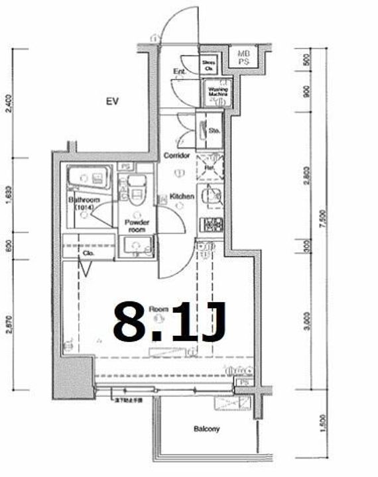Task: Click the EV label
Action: (111, 101)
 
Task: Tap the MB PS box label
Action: (243, 57)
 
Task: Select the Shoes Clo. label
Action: (209, 65)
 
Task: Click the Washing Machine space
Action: (218, 93)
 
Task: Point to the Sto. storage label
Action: (215, 131)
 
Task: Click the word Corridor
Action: (177, 156)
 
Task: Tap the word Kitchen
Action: (181, 197)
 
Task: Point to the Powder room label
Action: (136, 226)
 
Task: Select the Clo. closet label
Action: (88, 252)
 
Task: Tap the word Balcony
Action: (206, 429)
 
